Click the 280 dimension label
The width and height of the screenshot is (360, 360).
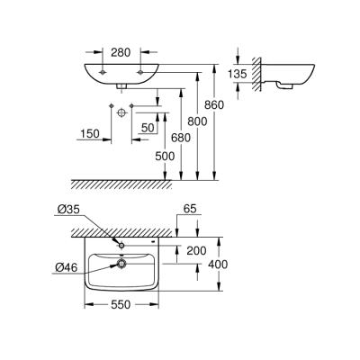[121, 52]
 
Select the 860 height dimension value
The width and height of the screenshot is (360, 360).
[214, 105]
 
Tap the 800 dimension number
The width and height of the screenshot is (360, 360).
[197, 121]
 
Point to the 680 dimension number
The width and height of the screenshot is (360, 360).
[181, 138]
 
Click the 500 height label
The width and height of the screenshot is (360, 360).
[165, 156]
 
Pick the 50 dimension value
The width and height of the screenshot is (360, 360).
[148, 128]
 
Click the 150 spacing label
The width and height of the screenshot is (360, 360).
[89, 133]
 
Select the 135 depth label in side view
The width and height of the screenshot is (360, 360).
[237, 74]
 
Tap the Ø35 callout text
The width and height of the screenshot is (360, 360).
[68, 210]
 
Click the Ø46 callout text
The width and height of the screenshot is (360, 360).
[66, 266]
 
